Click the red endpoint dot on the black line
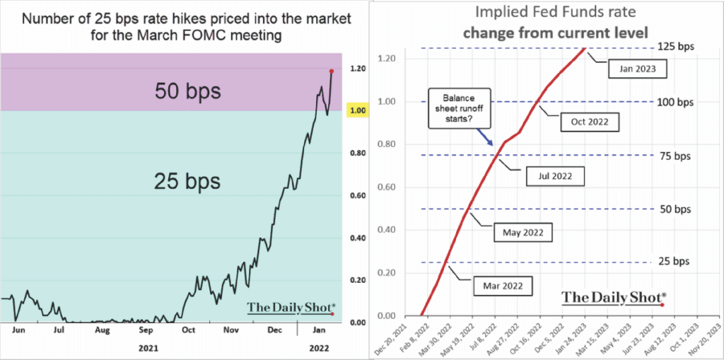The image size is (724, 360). [331, 71]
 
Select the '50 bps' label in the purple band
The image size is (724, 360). [188, 91]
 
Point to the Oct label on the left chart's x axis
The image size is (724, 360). [189, 330]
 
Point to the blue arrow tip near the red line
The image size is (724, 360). [493, 146]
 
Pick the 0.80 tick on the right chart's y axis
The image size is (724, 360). [390, 144]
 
